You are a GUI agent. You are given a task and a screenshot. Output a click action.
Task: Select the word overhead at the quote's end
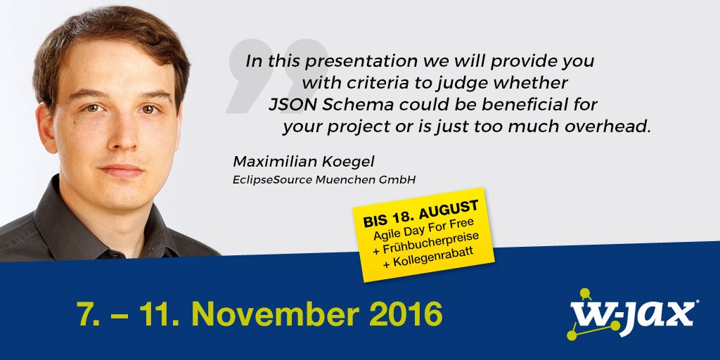coord(612,128)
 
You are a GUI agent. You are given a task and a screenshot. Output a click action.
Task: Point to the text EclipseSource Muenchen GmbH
coord(324,180)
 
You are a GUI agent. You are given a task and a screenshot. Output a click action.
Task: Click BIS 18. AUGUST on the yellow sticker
coord(420,213)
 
